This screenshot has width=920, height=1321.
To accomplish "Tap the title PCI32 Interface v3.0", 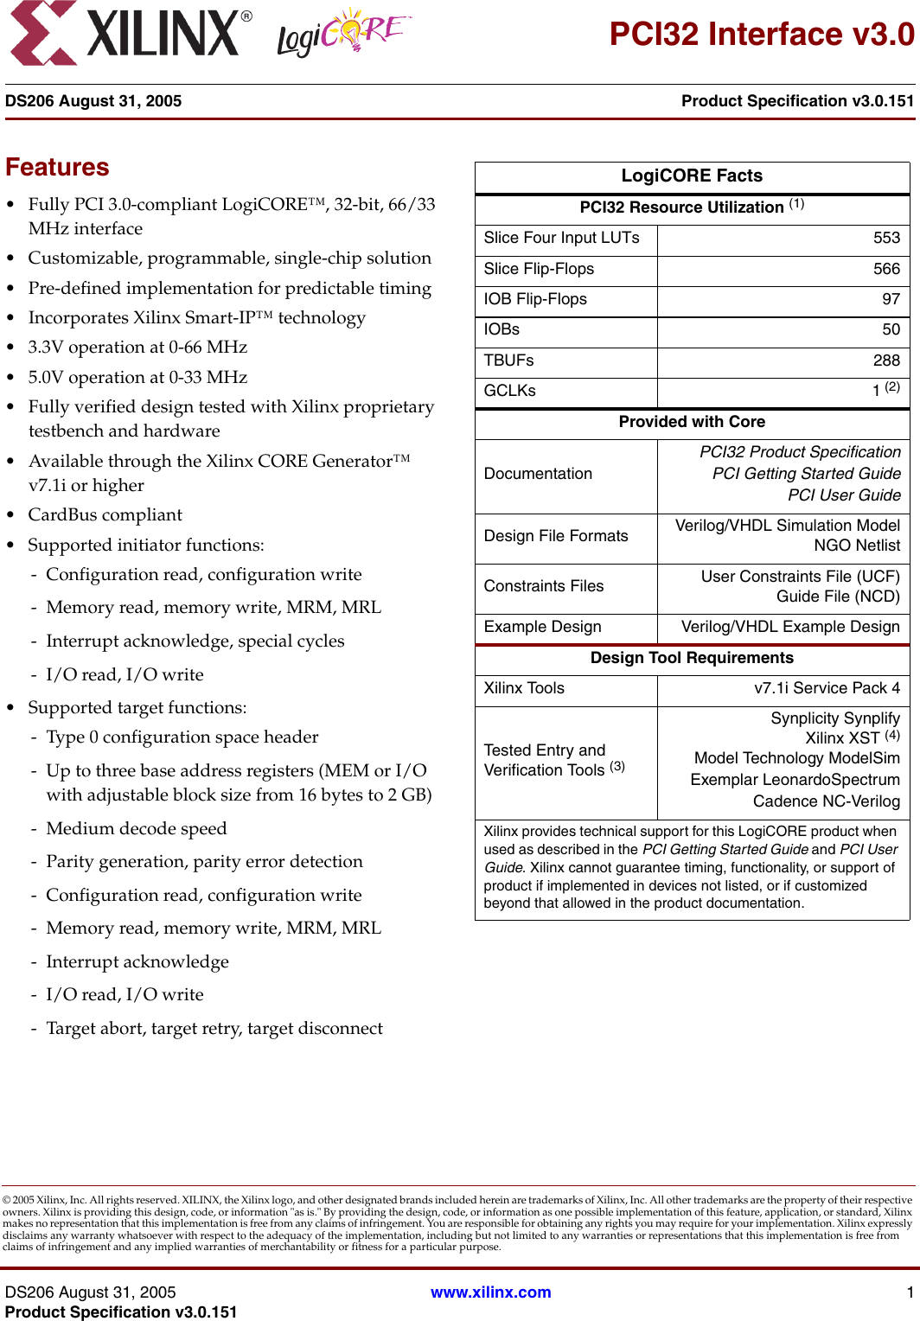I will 761,35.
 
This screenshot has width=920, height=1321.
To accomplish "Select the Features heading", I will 57,167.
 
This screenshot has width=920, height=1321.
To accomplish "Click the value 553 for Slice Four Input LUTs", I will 886,238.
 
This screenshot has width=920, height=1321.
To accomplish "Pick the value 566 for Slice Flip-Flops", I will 886,269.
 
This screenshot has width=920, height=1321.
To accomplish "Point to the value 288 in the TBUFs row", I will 886,361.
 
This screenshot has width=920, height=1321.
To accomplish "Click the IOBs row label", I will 502,329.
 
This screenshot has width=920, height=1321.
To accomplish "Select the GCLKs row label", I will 509,391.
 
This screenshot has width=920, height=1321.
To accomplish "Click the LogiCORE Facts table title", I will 692,175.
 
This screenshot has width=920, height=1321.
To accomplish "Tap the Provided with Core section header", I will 692,422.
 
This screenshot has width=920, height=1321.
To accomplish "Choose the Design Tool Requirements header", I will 692,658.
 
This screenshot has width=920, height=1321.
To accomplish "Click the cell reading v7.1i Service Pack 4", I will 827,688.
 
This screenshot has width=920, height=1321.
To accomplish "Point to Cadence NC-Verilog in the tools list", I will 826,801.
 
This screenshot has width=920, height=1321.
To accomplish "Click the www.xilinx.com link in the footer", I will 490,1292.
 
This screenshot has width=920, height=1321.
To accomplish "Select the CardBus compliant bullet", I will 105,515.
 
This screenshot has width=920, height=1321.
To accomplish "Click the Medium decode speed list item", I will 136,828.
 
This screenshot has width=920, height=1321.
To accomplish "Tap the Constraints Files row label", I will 543,586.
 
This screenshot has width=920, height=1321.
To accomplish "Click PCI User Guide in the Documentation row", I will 844,495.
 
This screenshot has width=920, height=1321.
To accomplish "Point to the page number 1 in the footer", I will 910,1292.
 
